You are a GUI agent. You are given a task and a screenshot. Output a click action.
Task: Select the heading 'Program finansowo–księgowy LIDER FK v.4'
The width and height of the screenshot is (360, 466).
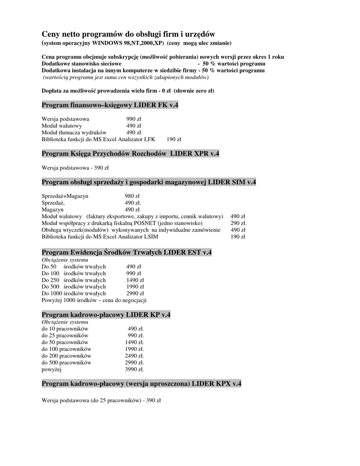[x=110, y=106]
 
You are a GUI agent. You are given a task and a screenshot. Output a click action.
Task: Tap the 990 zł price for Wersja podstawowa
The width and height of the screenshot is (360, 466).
[x=133, y=119]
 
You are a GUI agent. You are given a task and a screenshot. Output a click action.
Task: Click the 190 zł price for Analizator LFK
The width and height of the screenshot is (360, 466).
[x=174, y=139]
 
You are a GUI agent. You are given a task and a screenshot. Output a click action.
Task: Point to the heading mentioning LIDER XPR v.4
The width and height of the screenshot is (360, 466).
[x=131, y=154]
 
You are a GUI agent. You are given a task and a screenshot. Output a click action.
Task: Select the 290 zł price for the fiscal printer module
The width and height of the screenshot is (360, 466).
[x=238, y=223]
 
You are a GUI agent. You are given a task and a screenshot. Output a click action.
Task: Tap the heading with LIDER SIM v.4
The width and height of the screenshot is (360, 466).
[x=149, y=182]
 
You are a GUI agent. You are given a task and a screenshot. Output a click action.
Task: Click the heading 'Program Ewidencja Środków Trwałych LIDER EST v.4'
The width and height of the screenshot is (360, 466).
[x=127, y=252]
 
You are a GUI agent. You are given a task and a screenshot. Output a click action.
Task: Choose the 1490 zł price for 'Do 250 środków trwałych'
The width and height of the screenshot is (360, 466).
[x=135, y=280]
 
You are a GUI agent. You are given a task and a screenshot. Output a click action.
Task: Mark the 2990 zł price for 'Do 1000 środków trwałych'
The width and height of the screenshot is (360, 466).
[x=135, y=294]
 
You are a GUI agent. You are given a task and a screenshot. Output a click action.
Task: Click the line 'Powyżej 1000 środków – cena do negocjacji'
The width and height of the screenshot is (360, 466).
[x=94, y=300]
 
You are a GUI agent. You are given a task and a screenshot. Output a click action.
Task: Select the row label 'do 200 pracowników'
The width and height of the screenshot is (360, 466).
[x=66, y=356]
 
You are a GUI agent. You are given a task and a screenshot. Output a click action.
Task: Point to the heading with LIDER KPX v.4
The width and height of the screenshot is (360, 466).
[x=142, y=384]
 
